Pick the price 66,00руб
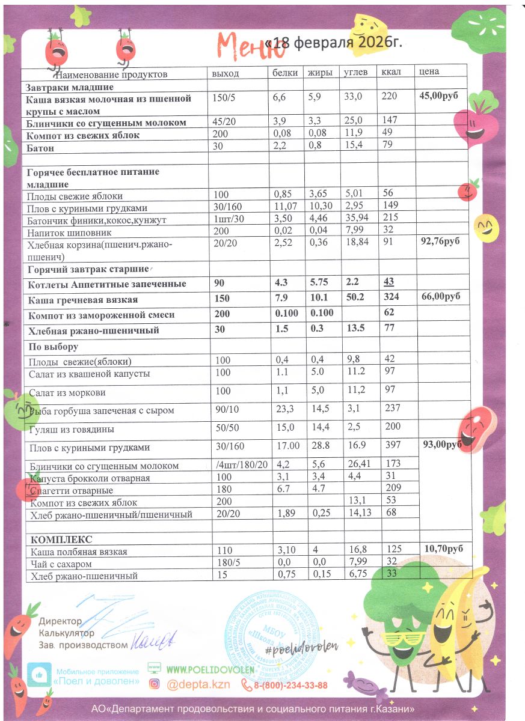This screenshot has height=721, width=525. pos(438,297)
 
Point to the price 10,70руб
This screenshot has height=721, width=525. pos(445,549)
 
